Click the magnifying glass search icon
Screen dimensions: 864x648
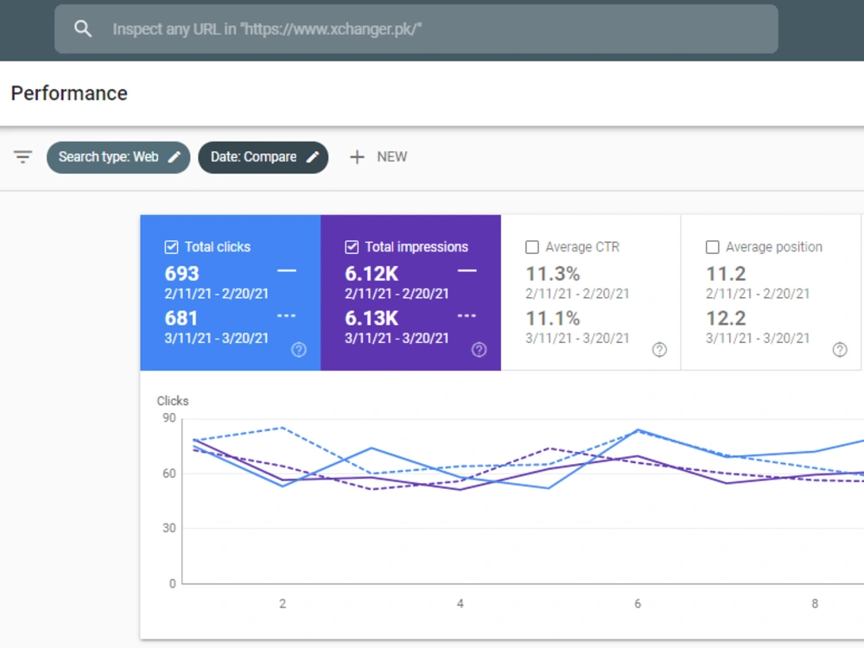coord(83,29)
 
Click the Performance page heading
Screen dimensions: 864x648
coord(69,93)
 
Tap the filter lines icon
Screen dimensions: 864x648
coord(22,157)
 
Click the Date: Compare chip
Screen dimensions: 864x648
coord(264,157)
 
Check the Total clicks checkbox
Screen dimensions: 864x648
coord(171,247)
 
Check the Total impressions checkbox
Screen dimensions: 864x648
coord(352,247)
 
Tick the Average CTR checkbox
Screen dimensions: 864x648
coord(531,247)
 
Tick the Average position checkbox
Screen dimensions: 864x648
coord(713,247)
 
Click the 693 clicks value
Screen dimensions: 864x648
coord(181,274)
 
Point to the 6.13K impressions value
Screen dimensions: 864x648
coord(372,319)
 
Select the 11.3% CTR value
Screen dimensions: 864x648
coord(553,274)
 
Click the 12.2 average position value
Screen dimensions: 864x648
coord(726,319)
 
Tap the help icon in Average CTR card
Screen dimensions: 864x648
coord(659,349)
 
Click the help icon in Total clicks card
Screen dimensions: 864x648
coord(299,349)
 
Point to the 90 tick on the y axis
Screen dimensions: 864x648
coord(169,418)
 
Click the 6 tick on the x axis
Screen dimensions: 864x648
coord(638,604)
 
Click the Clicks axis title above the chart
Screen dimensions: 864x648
coord(173,401)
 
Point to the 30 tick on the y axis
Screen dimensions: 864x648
coord(169,528)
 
